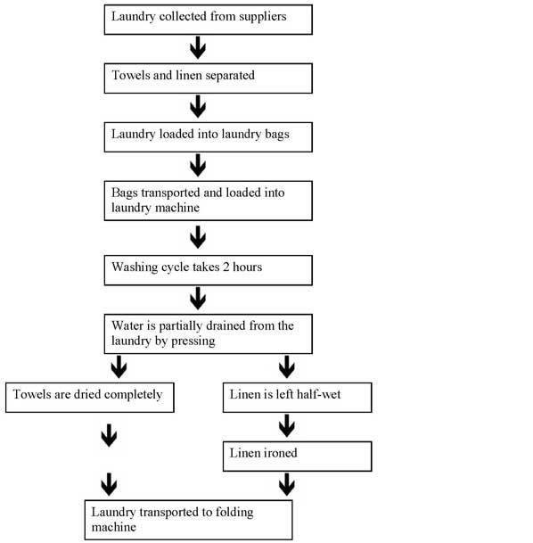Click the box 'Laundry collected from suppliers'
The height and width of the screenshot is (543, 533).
click(x=209, y=20)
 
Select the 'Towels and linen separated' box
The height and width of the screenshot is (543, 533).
click(x=209, y=78)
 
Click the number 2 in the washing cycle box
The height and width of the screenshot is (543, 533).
click(x=226, y=267)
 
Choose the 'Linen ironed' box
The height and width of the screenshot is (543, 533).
click(x=298, y=457)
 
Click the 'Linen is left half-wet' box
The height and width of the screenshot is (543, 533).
click(x=298, y=398)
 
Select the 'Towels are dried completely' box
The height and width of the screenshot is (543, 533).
click(x=90, y=398)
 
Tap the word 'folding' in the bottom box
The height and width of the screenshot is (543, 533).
click(x=234, y=513)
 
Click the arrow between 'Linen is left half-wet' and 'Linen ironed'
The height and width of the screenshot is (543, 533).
click(x=287, y=425)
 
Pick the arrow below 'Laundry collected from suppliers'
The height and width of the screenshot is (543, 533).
click(x=198, y=47)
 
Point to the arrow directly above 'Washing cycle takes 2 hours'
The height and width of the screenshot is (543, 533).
click(x=198, y=237)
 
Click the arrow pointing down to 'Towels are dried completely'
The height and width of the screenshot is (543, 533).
click(x=119, y=367)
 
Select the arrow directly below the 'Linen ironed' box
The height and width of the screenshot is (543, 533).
click(x=287, y=484)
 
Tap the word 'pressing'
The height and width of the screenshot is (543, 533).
click(x=193, y=341)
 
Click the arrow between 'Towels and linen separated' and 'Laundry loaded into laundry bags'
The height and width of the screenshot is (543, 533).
click(x=198, y=106)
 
